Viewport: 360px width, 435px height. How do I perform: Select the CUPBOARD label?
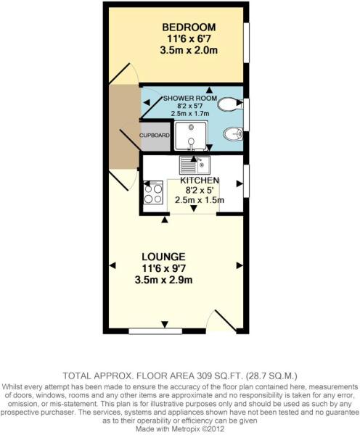[155, 136]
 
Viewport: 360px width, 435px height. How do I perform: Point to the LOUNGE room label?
[163, 257]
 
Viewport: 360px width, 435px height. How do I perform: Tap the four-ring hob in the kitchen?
[153, 193]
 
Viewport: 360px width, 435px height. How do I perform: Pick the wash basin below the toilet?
[233, 133]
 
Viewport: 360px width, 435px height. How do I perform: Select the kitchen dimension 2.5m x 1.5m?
[200, 201]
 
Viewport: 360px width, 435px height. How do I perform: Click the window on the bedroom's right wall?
[246, 43]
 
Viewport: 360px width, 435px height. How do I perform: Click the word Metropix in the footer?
[184, 428]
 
